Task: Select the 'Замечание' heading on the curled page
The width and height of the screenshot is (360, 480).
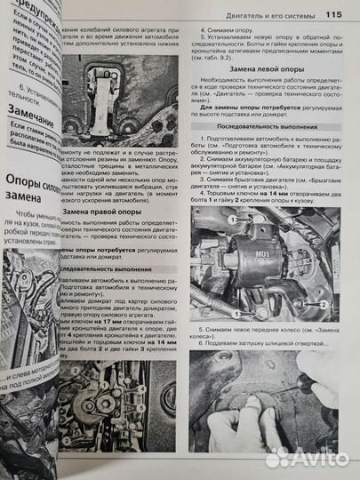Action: click(35, 112)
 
